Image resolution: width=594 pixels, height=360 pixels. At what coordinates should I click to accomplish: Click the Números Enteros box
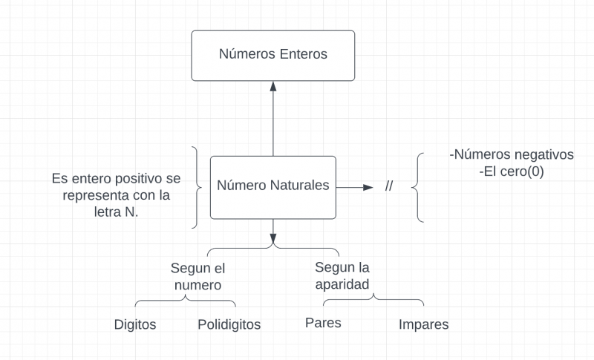pos(273,55)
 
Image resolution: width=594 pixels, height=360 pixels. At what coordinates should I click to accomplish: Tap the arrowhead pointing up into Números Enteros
pos(273,86)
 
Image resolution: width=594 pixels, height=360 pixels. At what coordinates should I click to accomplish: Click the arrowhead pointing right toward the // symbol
pos(367,188)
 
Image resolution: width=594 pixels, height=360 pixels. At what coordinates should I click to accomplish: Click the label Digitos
pos(135,325)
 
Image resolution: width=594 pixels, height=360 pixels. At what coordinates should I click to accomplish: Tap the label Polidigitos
pos(229,325)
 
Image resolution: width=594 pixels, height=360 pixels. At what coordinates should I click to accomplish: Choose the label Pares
pos(323,324)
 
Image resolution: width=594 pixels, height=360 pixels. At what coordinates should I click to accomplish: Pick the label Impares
pos(423,325)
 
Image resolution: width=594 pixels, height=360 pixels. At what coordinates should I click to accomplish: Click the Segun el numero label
pos(198,275)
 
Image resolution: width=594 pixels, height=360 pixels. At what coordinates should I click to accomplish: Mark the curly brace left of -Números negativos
pos(420,188)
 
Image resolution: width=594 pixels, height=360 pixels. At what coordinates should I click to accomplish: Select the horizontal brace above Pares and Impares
pos(373,300)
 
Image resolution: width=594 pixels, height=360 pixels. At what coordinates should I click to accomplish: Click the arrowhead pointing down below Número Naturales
pos(273,241)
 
